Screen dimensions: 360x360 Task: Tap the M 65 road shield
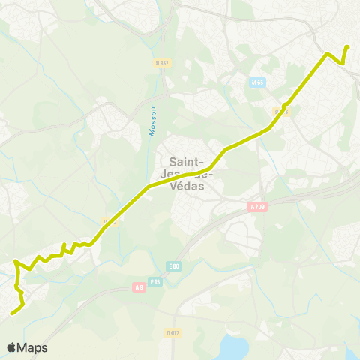tap(258, 82)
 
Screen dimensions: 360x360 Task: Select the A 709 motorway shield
tap(258, 207)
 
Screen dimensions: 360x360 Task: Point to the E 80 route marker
tap(174, 266)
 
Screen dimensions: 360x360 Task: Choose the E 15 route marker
tap(155, 281)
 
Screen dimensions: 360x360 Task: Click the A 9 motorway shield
tap(138, 286)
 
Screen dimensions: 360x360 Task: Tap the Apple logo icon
tap(12, 347)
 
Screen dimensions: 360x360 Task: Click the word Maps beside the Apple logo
tap(32, 347)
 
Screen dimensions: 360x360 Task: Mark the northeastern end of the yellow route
tap(348, 47)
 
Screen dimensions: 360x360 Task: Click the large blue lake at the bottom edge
tap(235, 347)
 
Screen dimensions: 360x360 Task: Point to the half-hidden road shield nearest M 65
tap(280, 112)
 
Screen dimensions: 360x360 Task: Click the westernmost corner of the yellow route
tap(15, 262)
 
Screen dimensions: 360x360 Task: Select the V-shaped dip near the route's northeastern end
tap(343, 63)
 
